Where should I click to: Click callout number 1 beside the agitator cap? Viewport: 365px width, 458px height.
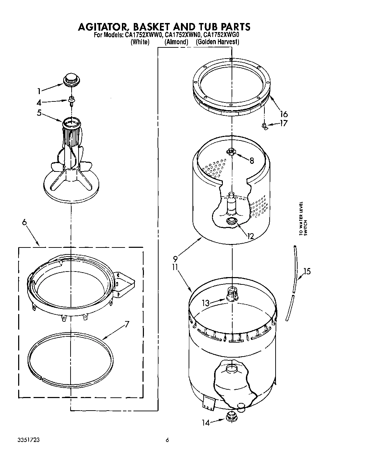click(x=39, y=91)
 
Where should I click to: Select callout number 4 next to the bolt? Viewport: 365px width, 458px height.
click(x=39, y=102)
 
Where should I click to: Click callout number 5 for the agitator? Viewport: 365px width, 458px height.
click(x=39, y=113)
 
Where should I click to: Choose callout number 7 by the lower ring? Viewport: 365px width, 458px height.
click(x=126, y=324)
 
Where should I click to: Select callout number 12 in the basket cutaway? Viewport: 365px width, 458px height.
click(x=250, y=236)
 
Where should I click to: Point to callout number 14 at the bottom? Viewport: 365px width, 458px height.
click(x=206, y=423)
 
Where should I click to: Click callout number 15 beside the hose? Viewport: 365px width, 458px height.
click(x=307, y=271)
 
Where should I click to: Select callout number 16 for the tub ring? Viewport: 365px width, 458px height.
click(x=284, y=114)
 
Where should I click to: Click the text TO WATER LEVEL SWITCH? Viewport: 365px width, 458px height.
click(x=302, y=220)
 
